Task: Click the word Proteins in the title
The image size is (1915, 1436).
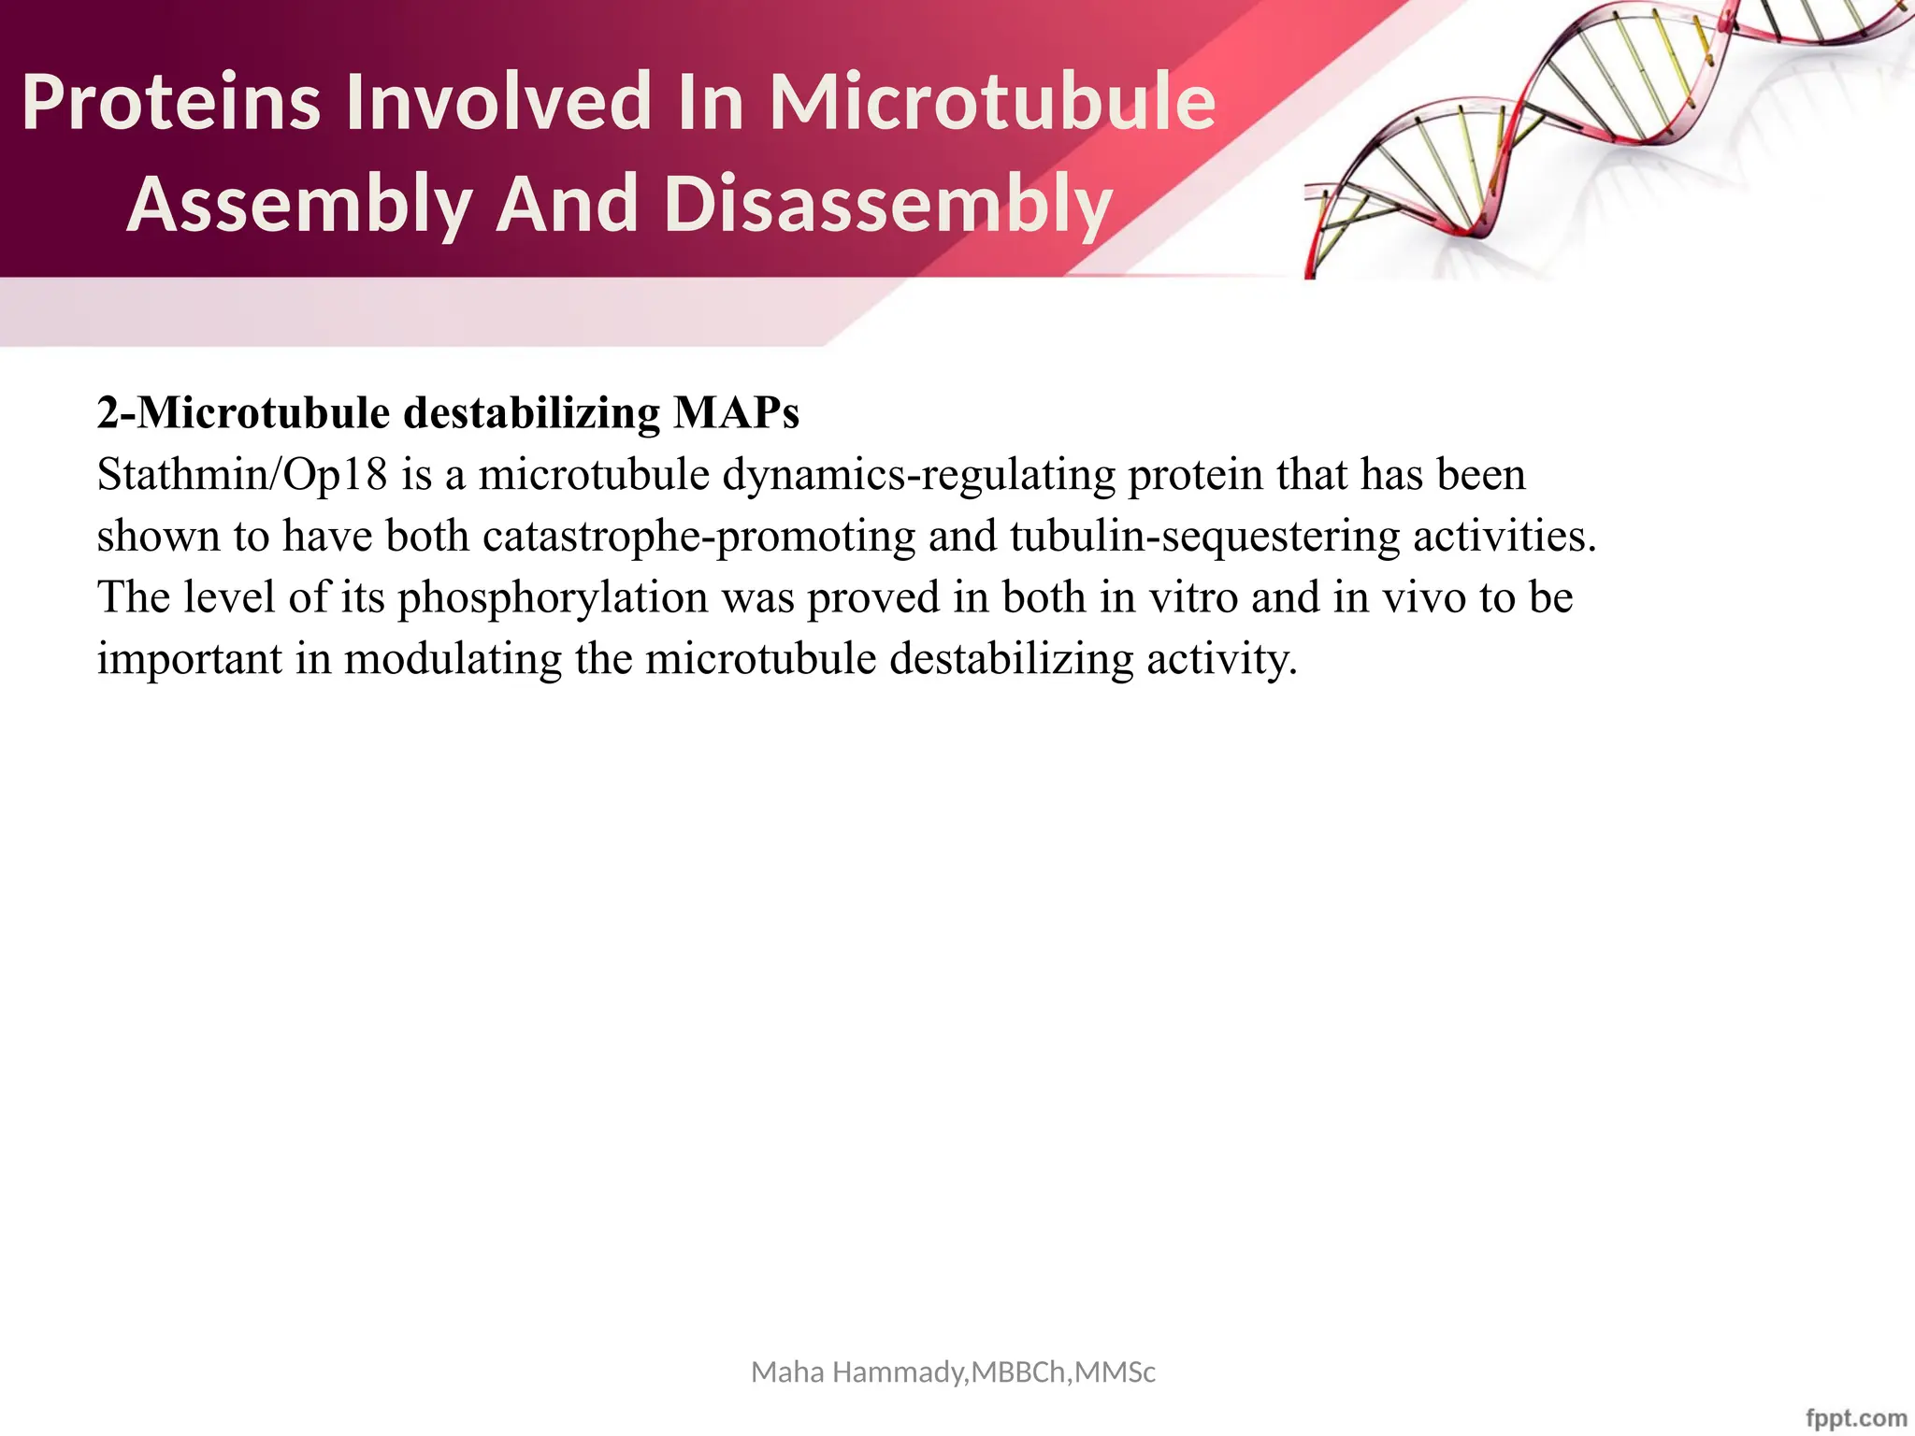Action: coord(171,103)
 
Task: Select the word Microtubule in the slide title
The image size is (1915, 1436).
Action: coord(992,103)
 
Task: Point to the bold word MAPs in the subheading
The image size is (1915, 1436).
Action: coord(736,413)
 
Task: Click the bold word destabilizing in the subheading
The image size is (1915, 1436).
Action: coord(531,413)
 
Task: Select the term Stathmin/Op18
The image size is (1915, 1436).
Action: coord(241,475)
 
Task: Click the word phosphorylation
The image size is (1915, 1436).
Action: coord(553,598)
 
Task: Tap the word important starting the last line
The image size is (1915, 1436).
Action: coord(189,659)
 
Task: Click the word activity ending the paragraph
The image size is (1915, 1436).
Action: coord(1219,659)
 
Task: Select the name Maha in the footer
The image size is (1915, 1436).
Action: coord(788,1372)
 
